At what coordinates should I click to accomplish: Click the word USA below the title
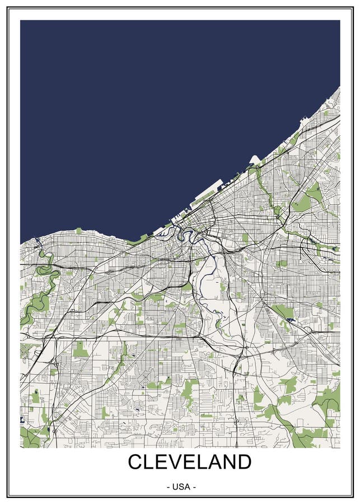tap(181, 487)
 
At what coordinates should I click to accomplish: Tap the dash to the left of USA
tap(169, 487)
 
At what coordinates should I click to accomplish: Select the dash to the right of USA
tap(194, 487)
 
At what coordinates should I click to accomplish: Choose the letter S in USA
tap(181, 487)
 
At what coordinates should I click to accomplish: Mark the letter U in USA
tap(175, 487)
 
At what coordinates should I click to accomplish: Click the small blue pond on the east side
tap(290, 320)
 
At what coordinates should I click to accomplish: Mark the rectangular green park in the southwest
tap(80, 350)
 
